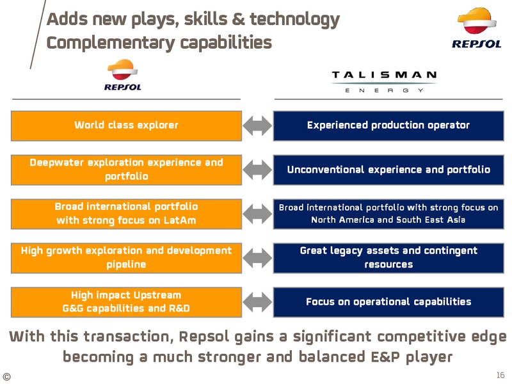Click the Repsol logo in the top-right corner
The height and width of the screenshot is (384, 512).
pos(477,28)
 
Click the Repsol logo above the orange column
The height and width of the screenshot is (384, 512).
pos(123,75)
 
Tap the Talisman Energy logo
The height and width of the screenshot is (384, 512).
pos(385,82)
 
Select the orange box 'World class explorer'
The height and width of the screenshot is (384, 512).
pos(126,125)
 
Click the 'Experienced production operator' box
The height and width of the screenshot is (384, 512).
pos(388,125)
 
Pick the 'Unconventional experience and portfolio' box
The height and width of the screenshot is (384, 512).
pos(388,170)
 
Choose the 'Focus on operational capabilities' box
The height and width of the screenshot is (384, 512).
pos(388,302)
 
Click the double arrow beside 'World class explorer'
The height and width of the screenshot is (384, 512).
pos(257,126)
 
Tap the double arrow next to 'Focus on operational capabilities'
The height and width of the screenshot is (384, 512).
pos(257,302)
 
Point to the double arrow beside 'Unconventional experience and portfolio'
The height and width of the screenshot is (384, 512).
pos(257,170)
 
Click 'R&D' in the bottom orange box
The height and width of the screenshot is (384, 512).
pos(179,308)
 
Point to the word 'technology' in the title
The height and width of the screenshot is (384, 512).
pos(295,19)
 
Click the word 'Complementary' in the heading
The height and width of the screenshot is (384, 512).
pos(111,43)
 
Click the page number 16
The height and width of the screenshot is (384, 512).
pos(500,375)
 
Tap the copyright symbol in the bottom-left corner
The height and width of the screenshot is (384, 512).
pos(6,376)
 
